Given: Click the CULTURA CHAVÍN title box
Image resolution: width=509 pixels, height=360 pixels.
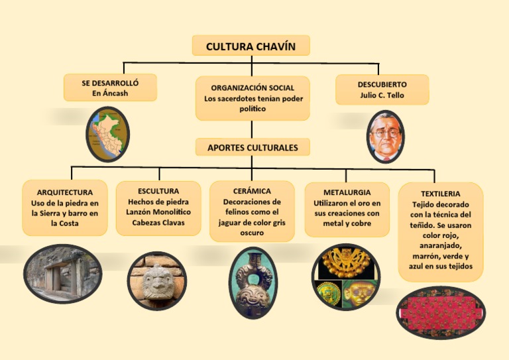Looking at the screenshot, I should [251, 46].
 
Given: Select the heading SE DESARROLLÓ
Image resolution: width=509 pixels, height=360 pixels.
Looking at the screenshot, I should [110, 84].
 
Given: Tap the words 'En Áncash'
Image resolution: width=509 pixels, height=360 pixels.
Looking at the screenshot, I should [110, 93].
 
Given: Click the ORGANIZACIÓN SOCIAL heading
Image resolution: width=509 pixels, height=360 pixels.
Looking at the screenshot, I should [253, 88].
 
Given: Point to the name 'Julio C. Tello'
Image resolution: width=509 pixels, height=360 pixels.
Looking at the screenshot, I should [382, 95].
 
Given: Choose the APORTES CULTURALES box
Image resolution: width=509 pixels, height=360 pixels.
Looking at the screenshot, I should [253, 147].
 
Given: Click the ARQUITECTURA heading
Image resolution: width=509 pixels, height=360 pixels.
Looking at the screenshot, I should [65, 192].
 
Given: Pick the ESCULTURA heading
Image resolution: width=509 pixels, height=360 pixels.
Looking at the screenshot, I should [158, 191].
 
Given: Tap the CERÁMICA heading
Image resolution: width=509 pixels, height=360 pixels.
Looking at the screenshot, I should [252, 191].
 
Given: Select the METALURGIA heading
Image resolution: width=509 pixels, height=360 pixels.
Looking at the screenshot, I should [347, 192].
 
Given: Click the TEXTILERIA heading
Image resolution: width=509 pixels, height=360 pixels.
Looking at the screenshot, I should [440, 194].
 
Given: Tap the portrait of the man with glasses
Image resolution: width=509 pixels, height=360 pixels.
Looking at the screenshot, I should [385, 137].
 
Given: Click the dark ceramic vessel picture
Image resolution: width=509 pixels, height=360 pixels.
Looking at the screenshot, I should [252, 282].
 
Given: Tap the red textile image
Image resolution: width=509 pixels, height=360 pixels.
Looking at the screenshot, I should [440, 312].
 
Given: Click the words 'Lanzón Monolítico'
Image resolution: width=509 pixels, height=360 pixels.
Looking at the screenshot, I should [158, 212].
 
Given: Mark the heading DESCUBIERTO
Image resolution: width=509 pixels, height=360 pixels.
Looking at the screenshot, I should [382, 85].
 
